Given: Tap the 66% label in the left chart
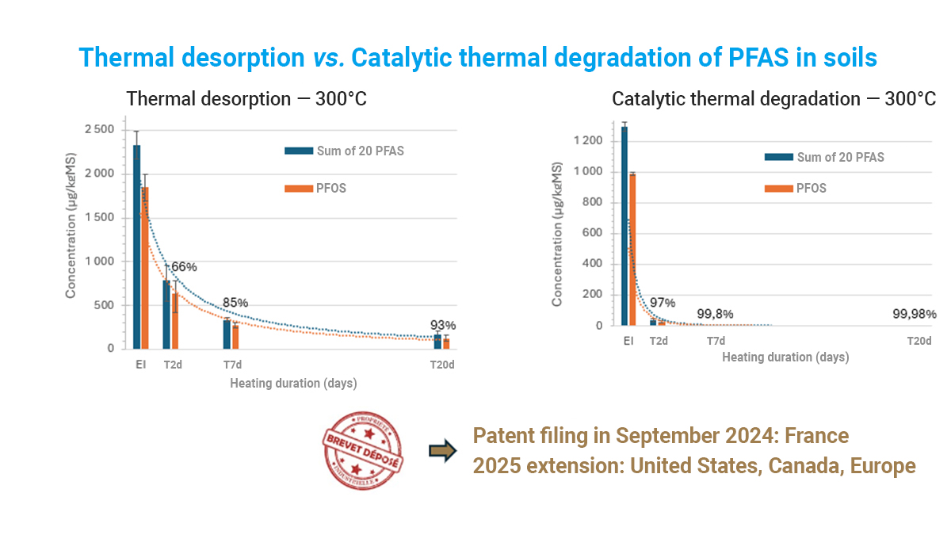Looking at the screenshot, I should pos(184,267).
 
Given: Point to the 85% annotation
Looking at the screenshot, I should pos(235,303).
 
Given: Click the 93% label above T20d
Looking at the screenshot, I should pos(443,325).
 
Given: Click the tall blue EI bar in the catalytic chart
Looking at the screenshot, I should pos(624,227).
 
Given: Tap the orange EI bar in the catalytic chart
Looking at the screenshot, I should pos(632,250).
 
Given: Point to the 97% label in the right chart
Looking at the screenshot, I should pos(662,304).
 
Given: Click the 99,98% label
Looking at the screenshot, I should pos(914,314).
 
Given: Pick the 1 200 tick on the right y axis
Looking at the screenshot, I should pos(587,141).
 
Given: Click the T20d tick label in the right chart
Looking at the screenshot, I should pos(919,341).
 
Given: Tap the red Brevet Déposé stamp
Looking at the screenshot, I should pos(362,449).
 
